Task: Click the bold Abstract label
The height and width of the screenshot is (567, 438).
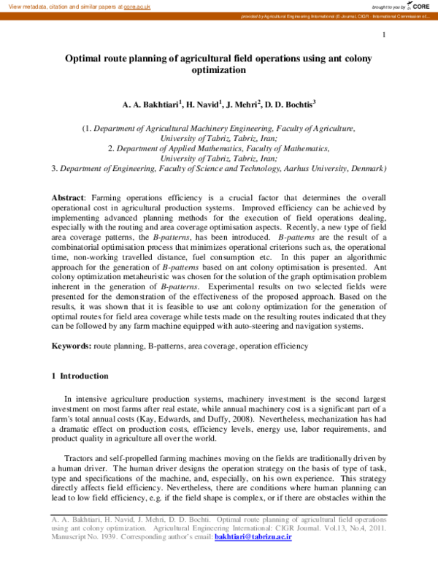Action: point(68,198)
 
